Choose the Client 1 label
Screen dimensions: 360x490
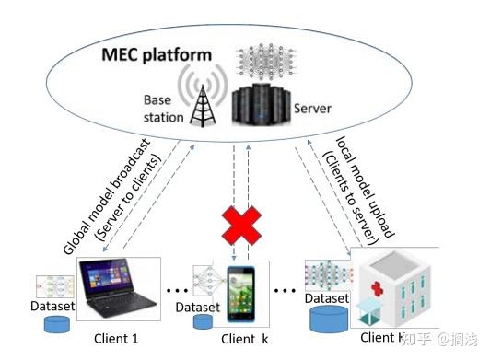pyautogui.click(x=116, y=338)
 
